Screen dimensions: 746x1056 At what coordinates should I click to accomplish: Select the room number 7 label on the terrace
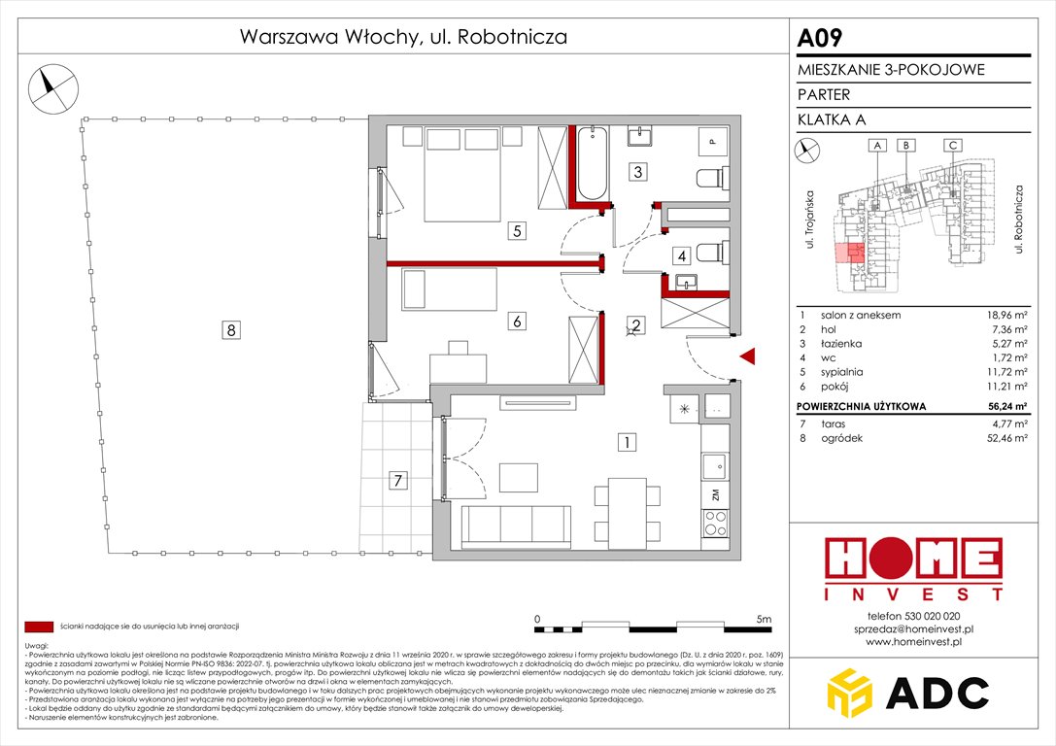(395, 479)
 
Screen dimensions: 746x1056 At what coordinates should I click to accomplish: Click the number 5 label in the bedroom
(519, 231)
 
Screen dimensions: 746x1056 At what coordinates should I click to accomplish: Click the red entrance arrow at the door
(747, 357)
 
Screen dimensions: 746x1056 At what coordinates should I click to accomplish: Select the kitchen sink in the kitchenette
(714, 466)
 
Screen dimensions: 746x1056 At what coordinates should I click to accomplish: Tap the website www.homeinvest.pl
(912, 642)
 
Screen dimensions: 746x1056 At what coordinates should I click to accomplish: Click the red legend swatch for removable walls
(39, 627)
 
